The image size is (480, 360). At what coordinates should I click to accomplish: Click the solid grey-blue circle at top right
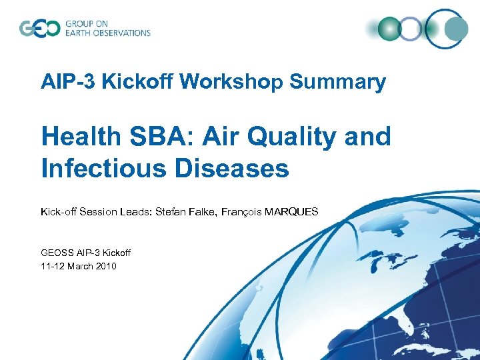[456, 29]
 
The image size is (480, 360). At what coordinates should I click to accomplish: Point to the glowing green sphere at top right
[389, 29]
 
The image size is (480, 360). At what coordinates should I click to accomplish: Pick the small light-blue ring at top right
[411, 29]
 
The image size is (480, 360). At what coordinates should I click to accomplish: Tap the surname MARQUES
[291, 212]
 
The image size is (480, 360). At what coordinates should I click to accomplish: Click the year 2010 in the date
[105, 266]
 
